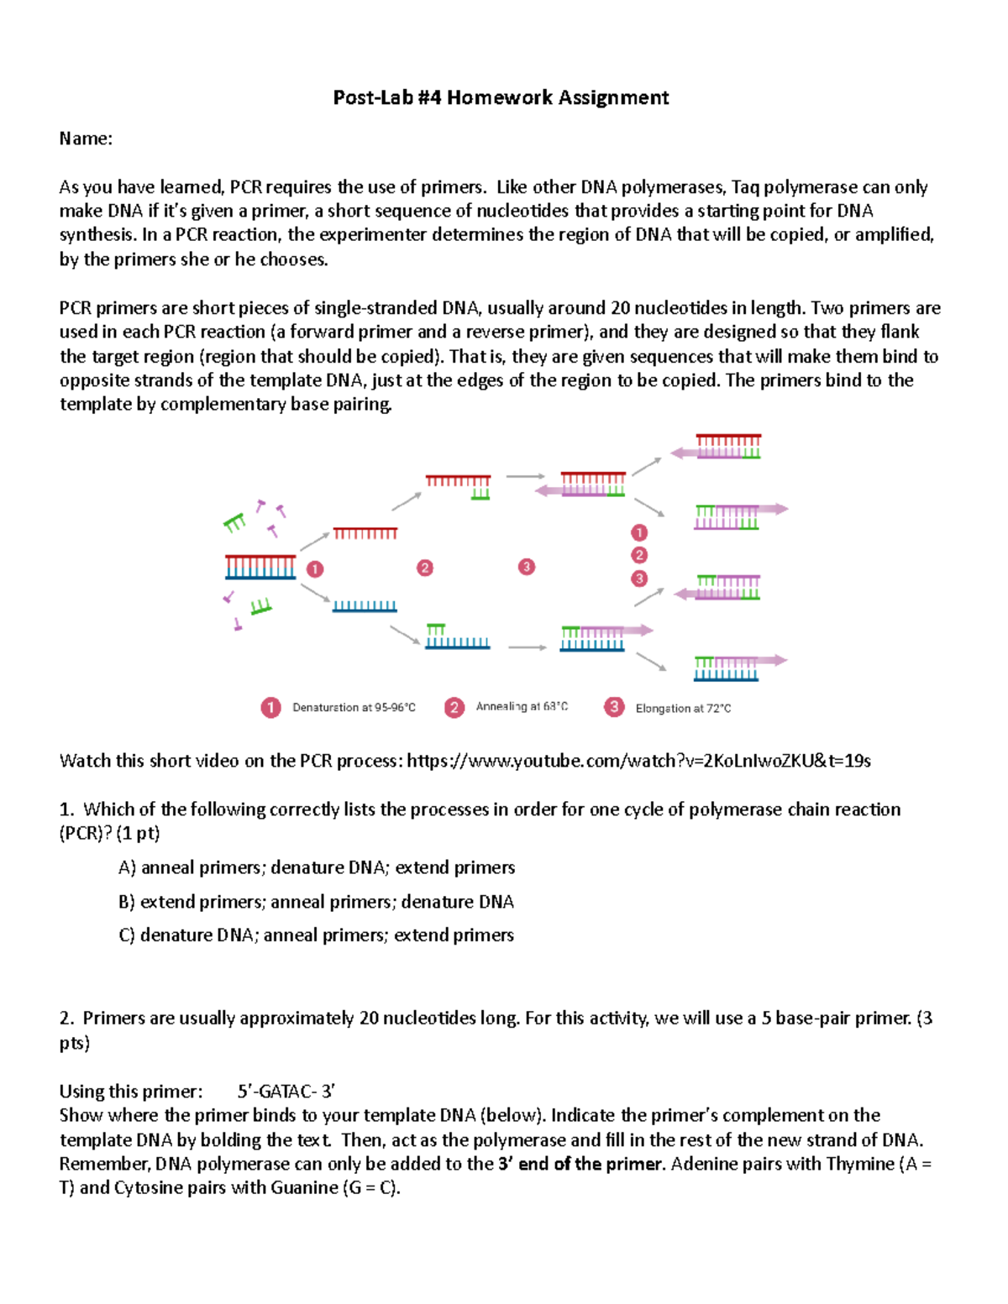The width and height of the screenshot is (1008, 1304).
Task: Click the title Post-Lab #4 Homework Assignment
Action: [x=501, y=97]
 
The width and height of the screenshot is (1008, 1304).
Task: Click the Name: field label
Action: [x=86, y=139]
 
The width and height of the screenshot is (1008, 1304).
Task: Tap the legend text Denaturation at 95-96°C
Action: [x=354, y=708]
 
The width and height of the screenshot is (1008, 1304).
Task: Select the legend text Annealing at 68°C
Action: [x=522, y=707]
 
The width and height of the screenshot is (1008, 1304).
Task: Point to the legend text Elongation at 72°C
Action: [x=683, y=709]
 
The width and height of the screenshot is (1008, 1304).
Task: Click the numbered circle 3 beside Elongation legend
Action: [x=614, y=707]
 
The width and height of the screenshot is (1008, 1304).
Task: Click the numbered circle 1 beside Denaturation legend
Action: [x=270, y=708]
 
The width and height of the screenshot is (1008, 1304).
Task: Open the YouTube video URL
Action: [x=638, y=761]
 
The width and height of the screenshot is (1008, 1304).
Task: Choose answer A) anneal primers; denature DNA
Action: [x=317, y=867]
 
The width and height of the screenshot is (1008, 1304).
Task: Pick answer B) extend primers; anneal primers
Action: [x=316, y=902]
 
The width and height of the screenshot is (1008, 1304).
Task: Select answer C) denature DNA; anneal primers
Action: [x=316, y=935]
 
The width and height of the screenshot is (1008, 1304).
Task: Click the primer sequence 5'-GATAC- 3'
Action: [x=286, y=1092]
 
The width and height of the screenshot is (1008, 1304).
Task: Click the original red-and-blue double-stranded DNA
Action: [x=260, y=568]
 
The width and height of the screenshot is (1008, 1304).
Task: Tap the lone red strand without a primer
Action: [x=365, y=533]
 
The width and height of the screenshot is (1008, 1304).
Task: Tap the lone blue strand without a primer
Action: [x=365, y=605]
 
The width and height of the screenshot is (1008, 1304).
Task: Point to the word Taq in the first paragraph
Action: [x=745, y=187]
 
